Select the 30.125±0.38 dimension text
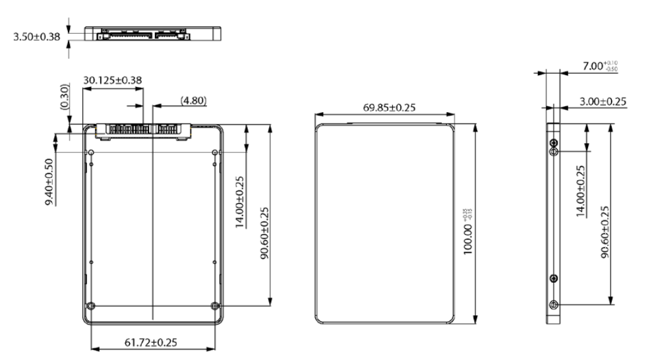(111, 80)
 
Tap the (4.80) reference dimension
(193, 101)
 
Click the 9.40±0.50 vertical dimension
(50, 181)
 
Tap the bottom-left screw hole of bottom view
(91, 305)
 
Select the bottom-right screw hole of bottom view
(216, 305)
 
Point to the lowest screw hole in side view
(554, 304)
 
